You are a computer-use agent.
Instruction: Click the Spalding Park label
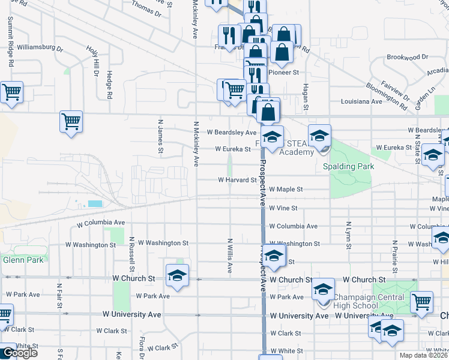pyautogui.click(x=349, y=166)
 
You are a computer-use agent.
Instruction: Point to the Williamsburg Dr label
pyautogui.click(x=40, y=47)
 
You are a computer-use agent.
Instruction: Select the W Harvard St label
pyautogui.click(x=237, y=179)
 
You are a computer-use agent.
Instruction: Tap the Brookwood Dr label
pyautogui.click(x=407, y=57)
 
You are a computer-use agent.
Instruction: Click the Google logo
pyautogui.click(x=19, y=353)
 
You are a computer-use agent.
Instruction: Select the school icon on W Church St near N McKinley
pyautogui.click(x=177, y=274)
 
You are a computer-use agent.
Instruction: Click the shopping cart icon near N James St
pyautogui.click(x=71, y=122)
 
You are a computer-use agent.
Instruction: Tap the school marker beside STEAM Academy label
pyautogui.click(x=320, y=135)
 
